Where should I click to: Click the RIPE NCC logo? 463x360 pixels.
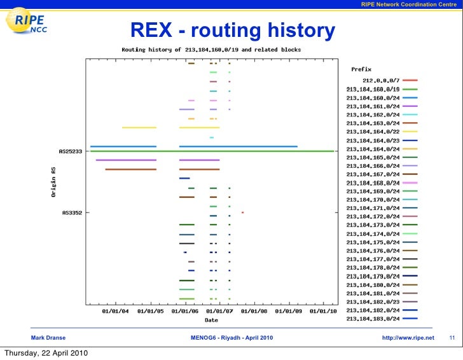32,25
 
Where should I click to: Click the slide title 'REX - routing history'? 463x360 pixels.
232,30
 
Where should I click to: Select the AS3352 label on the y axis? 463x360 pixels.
72,213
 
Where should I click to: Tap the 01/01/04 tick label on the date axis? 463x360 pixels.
115,311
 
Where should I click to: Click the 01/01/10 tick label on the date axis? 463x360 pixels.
324,311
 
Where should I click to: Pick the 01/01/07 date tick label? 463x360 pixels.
219,311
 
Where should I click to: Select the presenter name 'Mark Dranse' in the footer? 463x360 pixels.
48,337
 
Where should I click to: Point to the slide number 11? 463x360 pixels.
452,337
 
